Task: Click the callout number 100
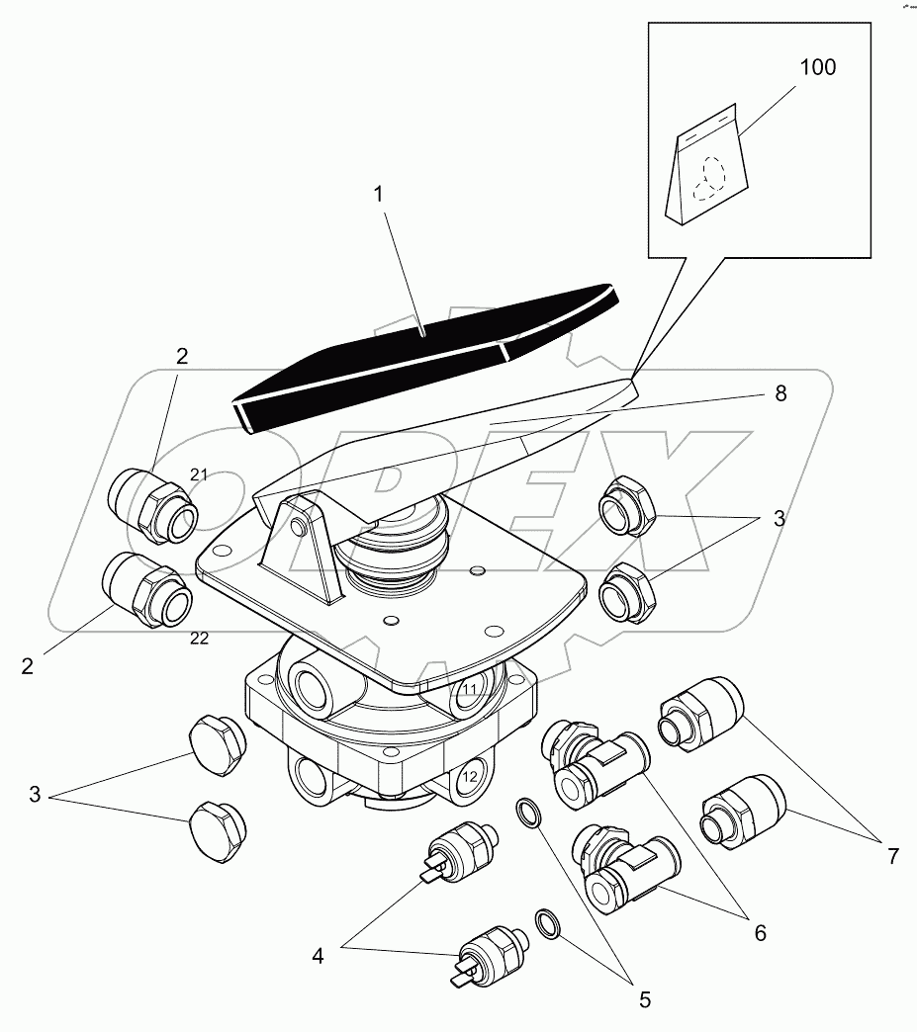(816, 68)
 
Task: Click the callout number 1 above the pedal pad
(377, 196)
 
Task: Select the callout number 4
(318, 956)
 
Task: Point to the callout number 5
(644, 999)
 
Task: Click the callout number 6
(758, 931)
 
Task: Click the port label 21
(199, 475)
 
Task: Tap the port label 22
(199, 639)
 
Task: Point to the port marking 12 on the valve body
(470, 776)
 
